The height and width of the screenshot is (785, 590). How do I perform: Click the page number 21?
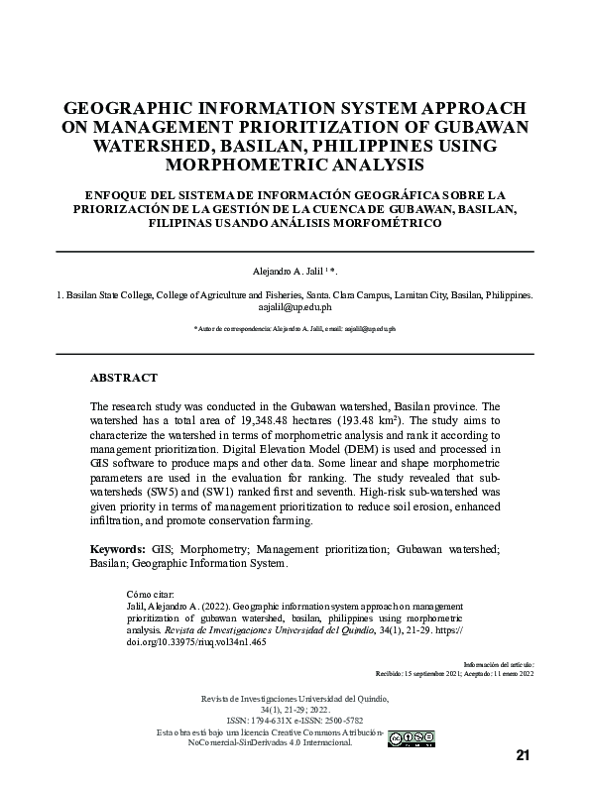tap(524, 755)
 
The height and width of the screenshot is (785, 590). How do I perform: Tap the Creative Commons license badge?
tap(411, 737)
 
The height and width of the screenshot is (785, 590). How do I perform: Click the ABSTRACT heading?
tap(123, 379)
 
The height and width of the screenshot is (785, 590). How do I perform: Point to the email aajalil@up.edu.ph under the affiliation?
tap(295, 307)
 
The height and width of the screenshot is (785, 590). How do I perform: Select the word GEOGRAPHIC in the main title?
tap(138, 108)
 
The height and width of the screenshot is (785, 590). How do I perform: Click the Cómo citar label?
tap(146, 594)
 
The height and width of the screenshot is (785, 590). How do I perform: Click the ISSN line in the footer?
tap(295, 720)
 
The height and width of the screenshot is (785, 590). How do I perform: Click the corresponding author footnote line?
tap(295, 328)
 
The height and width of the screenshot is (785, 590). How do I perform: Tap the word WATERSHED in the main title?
tap(158, 146)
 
